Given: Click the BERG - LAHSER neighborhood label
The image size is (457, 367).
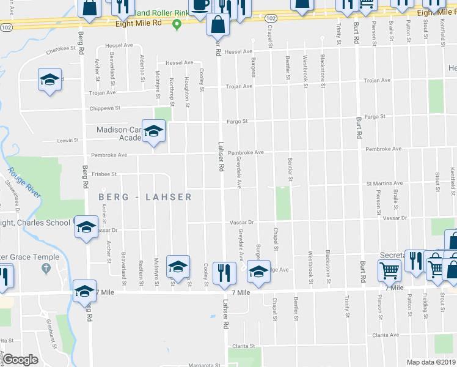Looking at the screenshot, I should click(x=145, y=197).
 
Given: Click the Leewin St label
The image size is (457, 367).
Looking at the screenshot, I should click(x=68, y=140).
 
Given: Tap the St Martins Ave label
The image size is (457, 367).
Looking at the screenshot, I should click(x=384, y=183).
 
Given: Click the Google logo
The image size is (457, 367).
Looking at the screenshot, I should click(x=20, y=360).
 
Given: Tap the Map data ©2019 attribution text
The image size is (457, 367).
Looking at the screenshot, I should click(x=431, y=362).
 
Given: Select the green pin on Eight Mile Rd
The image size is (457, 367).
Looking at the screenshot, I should click(x=177, y=24).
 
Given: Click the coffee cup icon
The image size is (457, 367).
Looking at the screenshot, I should click(x=199, y=6).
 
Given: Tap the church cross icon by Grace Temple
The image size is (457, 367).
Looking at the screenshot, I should click(x=45, y=269).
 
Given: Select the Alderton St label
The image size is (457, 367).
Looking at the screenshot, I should click(x=142, y=68).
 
